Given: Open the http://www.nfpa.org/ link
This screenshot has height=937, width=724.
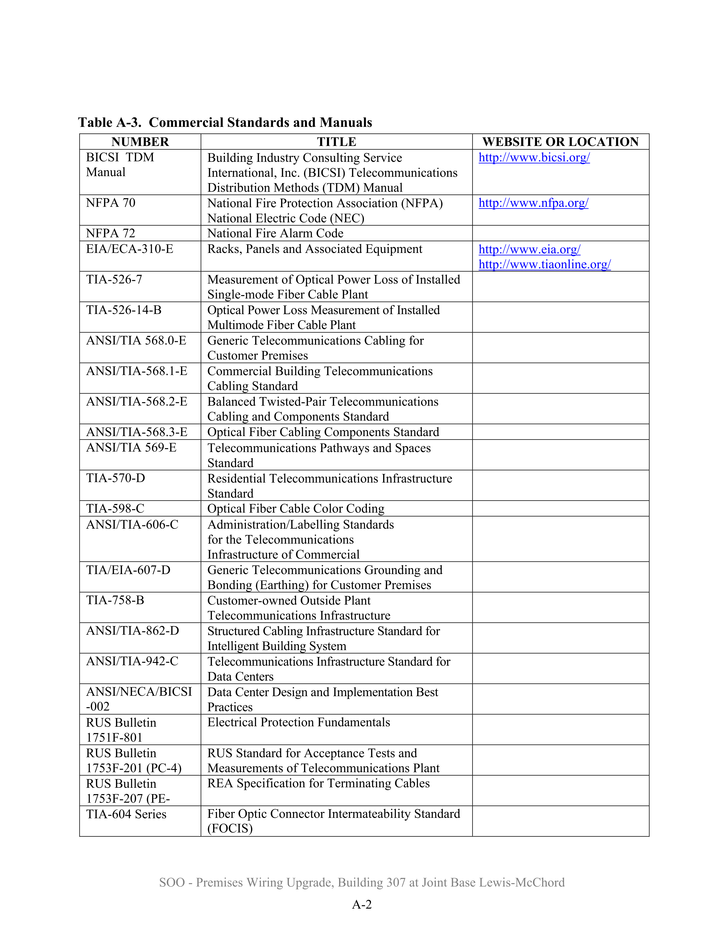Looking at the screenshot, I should [x=533, y=203].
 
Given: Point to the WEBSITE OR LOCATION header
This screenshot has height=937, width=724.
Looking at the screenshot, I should [x=560, y=142].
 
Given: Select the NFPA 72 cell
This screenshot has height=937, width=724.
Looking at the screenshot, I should [x=111, y=233].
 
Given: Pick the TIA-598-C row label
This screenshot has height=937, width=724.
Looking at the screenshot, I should [x=115, y=508].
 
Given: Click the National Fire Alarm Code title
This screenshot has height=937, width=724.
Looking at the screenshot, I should [x=275, y=233].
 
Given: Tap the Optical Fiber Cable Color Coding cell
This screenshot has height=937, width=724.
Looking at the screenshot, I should [x=296, y=508].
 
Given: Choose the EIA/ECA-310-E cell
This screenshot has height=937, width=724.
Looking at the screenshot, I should [x=129, y=249].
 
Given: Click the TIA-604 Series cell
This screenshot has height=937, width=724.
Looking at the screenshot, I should [x=126, y=814].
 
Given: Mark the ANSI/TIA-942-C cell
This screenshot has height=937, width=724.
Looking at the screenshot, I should [x=132, y=661].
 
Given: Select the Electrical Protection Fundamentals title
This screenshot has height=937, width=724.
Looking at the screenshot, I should [x=299, y=722].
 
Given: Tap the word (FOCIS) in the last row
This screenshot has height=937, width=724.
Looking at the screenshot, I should [x=230, y=828].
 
